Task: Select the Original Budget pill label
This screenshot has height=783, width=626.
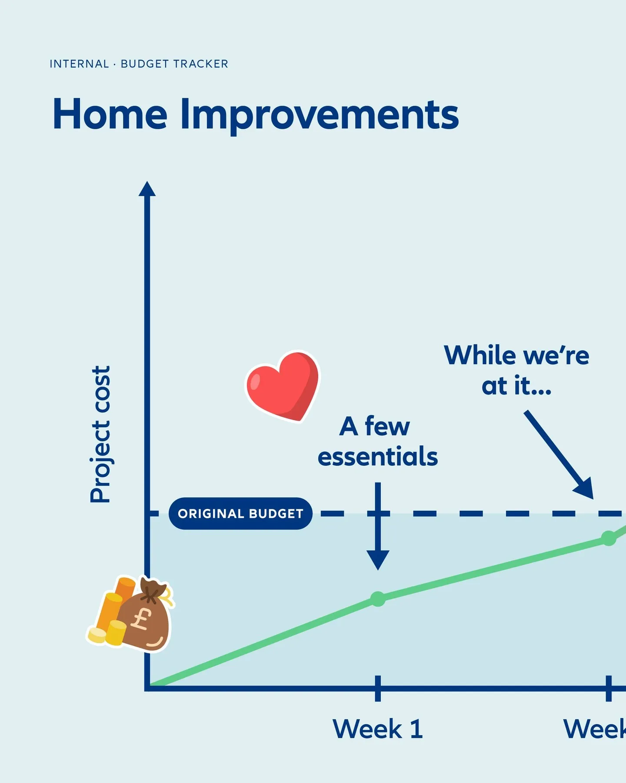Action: [240, 513]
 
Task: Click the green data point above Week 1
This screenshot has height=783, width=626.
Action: [378, 599]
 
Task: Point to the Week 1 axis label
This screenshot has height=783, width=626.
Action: [377, 729]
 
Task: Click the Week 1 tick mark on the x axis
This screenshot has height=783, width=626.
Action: [378, 688]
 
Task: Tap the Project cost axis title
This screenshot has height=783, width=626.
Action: [100, 434]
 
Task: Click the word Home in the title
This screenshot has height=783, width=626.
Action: [110, 114]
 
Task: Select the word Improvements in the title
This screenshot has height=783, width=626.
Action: [320, 115]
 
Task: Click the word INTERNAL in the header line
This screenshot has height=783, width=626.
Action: [79, 64]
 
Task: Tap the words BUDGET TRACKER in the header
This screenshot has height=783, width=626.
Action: [174, 64]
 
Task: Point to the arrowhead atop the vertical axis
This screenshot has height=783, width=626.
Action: [147, 189]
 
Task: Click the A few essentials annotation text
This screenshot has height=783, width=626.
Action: [377, 441]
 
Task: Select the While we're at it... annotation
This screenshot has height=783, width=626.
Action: [516, 370]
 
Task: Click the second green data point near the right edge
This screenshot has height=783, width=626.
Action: [609, 538]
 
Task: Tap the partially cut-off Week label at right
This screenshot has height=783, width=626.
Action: [595, 729]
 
